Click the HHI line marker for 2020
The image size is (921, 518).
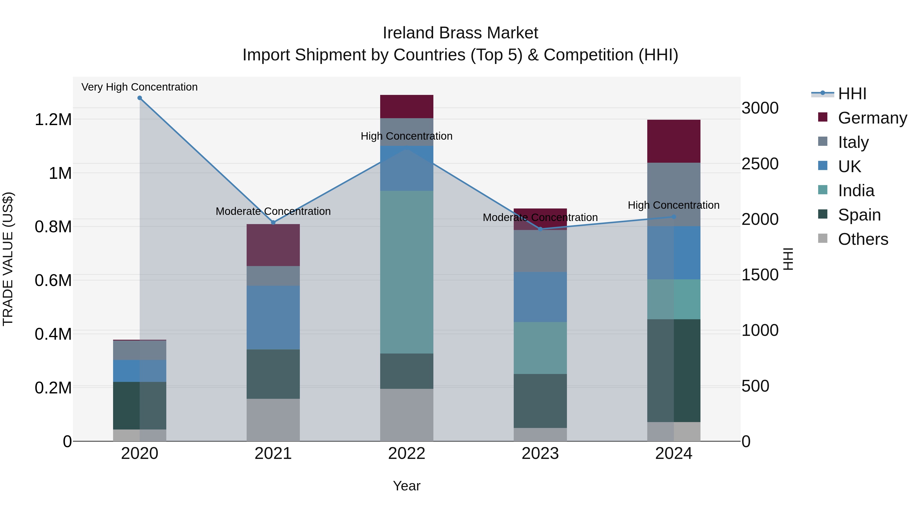tap(140, 98)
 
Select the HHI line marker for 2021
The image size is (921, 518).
tap(273, 222)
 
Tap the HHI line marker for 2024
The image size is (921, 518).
tap(674, 217)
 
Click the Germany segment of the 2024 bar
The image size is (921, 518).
tap(674, 141)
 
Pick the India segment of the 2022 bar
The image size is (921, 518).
tap(407, 272)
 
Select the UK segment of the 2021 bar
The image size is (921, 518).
tap(273, 317)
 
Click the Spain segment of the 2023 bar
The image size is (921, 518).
tap(540, 401)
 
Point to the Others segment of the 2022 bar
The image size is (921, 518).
tap(407, 415)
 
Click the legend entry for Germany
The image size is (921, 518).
tap(872, 118)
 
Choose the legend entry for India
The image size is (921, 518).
tap(856, 191)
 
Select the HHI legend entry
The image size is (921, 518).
tap(852, 94)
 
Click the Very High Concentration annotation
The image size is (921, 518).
tap(139, 87)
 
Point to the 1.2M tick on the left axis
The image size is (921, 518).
tap(53, 119)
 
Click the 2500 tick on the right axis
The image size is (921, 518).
tap(760, 164)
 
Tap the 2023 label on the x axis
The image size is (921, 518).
tap(540, 453)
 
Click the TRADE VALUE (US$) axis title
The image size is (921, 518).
tap(8, 259)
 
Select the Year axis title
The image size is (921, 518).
tap(407, 486)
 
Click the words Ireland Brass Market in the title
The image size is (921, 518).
tap(460, 33)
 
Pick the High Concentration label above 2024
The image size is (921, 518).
tap(674, 205)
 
